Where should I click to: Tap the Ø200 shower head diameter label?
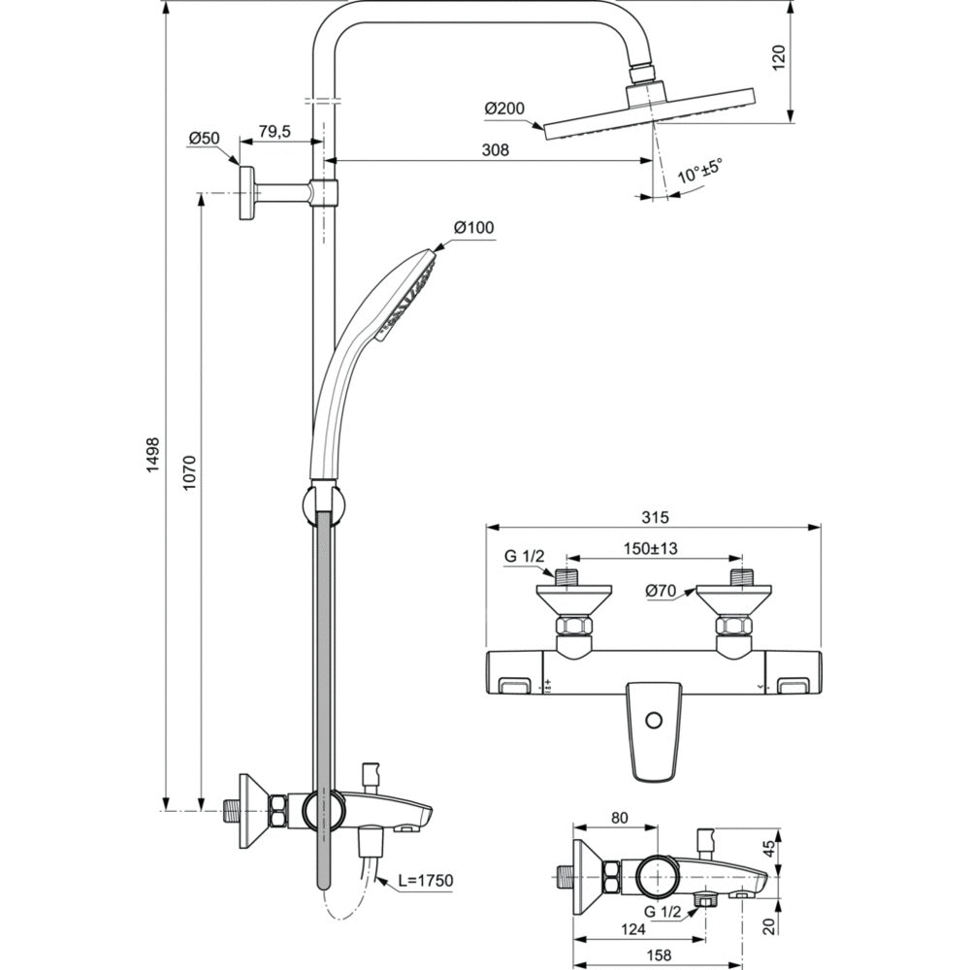(503, 109)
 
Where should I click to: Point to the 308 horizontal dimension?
(496, 149)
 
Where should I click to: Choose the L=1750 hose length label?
(426, 880)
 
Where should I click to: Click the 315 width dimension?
(656, 517)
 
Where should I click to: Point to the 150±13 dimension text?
(651, 549)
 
